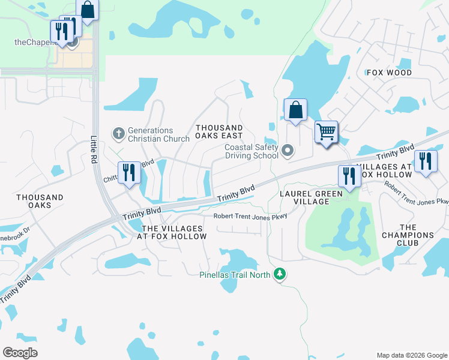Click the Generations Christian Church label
[x=151, y=134]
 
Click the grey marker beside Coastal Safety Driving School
[x=287, y=150]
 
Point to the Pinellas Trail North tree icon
[x=279, y=274]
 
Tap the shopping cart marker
[x=326, y=132]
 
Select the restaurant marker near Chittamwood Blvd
[x=129, y=173]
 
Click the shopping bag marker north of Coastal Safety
[x=295, y=110]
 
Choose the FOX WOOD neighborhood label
[x=389, y=73]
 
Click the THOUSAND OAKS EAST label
[x=219, y=132]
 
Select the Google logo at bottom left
[x=20, y=353]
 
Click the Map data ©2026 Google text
[x=411, y=355]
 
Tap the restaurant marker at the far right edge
[x=425, y=161]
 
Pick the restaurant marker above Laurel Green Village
[x=349, y=176]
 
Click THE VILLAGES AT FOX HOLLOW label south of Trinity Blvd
[x=172, y=232]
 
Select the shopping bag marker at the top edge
[x=88, y=10]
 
